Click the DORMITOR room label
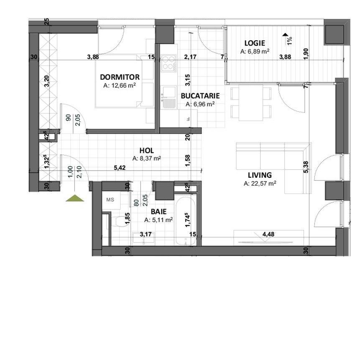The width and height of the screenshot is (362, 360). tap(120, 77)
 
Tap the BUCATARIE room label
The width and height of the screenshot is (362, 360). tap(200, 96)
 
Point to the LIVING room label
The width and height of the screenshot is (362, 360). tap(259, 175)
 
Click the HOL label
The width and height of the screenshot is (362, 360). tap(146, 151)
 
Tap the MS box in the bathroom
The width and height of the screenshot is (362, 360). tap(110, 200)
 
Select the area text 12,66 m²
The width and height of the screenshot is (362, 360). tap(120, 85)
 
